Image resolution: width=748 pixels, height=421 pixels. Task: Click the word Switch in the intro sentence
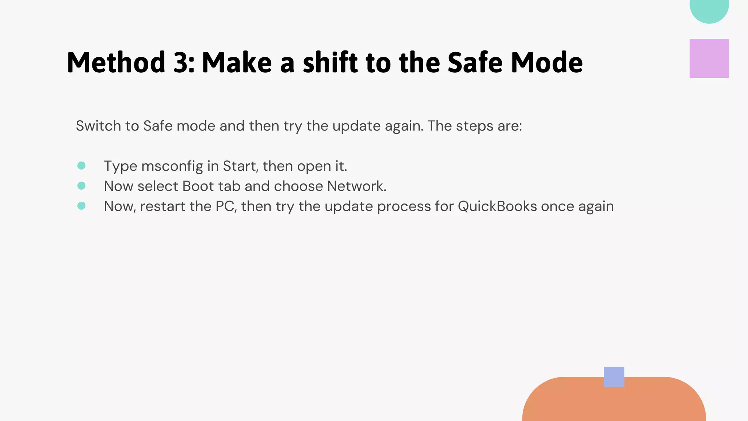[98, 126]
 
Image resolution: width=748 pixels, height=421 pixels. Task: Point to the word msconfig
[172, 166]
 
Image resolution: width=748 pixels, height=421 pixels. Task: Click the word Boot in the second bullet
[198, 186]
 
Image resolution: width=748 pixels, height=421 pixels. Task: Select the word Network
[356, 186]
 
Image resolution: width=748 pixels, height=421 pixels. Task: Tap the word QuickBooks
[497, 206]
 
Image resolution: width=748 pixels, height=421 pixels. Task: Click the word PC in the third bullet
[226, 206]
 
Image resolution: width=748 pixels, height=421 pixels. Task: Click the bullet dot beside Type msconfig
[81, 166]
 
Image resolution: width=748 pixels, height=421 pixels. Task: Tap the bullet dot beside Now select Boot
[81, 186]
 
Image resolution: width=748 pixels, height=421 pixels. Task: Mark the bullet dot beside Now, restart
[81, 206]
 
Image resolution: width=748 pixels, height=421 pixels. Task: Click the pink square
[709, 58]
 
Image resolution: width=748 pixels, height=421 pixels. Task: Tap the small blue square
[614, 377]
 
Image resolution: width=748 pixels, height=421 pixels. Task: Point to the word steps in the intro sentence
[473, 126]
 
